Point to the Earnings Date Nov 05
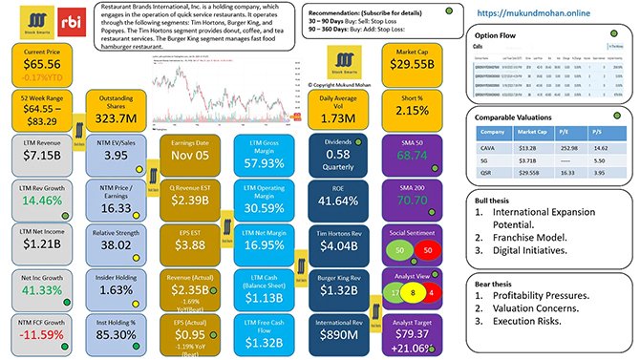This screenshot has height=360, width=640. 191,159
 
